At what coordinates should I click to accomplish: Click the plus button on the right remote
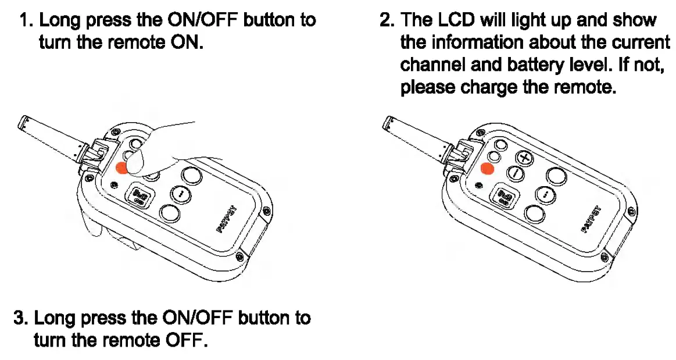pos(524,158)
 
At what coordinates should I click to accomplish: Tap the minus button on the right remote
pos(515,174)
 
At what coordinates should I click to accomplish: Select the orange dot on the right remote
pos(488,169)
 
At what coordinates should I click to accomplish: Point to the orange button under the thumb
pos(122,168)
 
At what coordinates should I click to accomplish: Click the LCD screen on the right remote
pos(503,196)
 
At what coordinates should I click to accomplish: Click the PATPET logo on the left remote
pos(226,219)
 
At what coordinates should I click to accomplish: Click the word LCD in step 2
pos(456,20)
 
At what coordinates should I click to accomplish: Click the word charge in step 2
pos(489,87)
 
